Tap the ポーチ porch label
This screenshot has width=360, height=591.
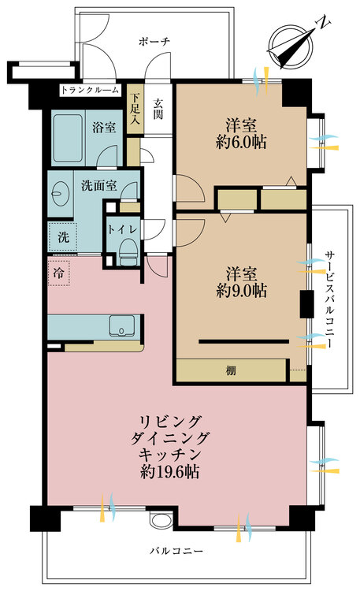(154, 41)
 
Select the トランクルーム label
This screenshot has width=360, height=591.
(90, 90)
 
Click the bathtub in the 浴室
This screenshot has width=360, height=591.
(68, 138)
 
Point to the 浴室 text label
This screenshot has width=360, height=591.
(104, 128)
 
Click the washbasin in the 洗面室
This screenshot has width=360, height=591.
(60, 194)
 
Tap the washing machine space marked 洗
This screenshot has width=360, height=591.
(62, 237)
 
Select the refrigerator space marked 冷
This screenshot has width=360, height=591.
(58, 273)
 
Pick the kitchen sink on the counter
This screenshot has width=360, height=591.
(122, 325)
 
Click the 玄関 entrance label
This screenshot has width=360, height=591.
(158, 109)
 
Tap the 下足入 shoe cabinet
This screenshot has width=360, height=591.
(135, 109)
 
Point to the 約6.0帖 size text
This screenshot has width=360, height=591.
(241, 142)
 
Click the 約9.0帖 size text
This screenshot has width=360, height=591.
(241, 290)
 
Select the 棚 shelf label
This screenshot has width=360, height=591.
(231, 370)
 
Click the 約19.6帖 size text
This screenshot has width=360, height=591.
(169, 471)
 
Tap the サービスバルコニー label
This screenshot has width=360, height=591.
(330, 299)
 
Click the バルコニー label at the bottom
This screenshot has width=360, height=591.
(176, 551)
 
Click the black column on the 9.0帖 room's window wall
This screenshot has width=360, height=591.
(306, 304)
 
